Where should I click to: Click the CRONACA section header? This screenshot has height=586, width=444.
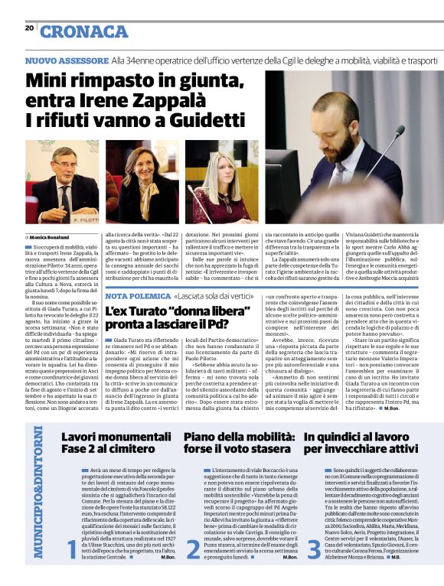click(84, 31)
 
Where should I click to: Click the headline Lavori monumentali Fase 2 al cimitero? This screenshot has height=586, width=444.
click(109, 442)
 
